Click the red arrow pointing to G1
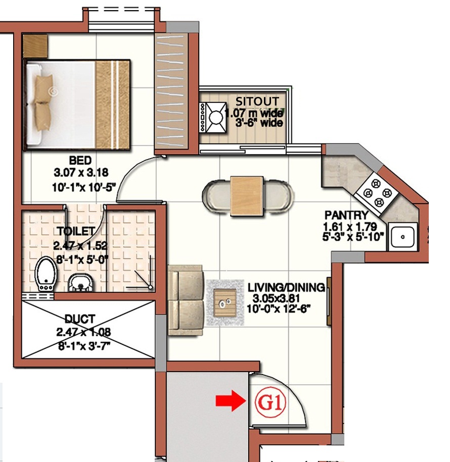[231, 401]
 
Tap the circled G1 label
[271, 402]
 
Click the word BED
[80, 161]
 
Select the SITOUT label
[257, 101]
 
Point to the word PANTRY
[347, 215]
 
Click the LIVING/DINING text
[286, 287]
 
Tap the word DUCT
[80, 319]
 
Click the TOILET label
[76, 231]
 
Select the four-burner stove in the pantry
[377, 193]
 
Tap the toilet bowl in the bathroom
[46, 274]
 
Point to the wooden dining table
[247, 196]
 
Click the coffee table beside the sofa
[225, 302]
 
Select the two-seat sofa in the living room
[186, 300]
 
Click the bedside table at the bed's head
[35, 46]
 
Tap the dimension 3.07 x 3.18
[81, 172]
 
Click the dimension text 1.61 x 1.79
[350, 227]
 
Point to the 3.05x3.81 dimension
[276, 298]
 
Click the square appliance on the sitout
[213, 118]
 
